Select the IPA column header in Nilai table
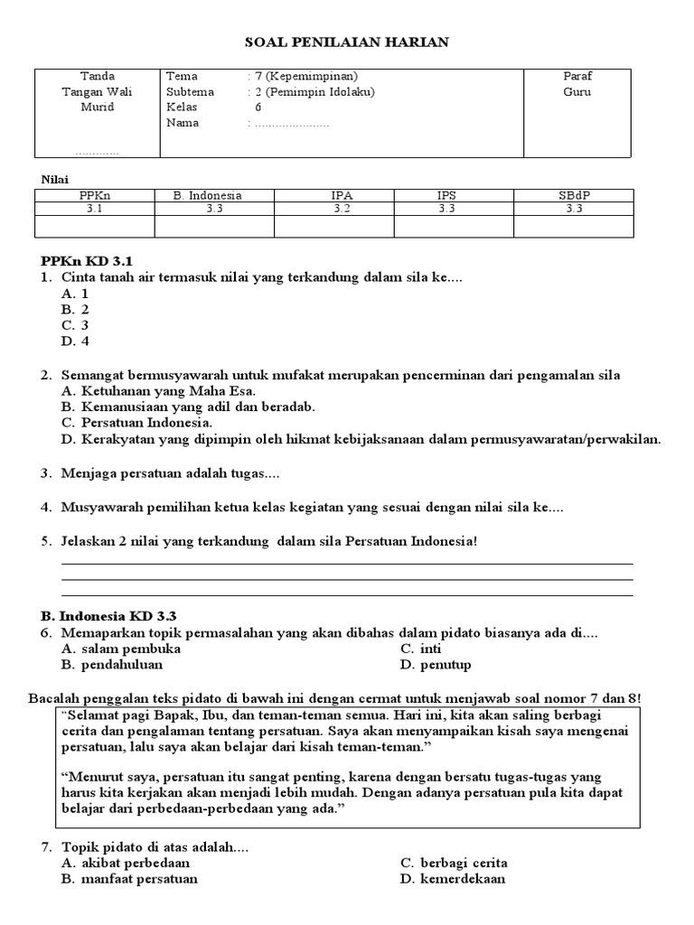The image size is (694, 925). (334, 195)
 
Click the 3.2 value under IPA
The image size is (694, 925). (334, 209)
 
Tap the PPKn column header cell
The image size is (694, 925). (95, 195)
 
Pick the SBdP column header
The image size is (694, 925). (574, 195)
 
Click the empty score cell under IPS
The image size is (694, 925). (454, 226)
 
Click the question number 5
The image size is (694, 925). (45, 541)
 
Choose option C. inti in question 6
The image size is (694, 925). (421, 649)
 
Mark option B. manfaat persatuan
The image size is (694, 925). (129, 879)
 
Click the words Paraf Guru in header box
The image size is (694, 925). (577, 84)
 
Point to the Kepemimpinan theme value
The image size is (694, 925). (307, 76)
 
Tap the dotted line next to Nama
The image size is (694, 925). (291, 124)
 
